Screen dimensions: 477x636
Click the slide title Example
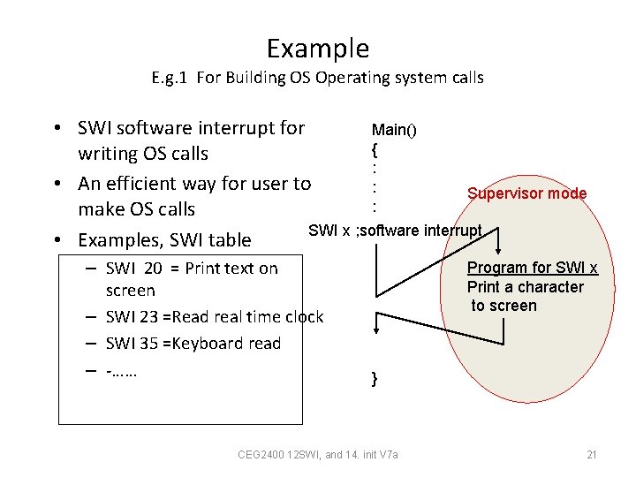[x=317, y=48]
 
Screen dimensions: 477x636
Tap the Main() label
[x=394, y=131]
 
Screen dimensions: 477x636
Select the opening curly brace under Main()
[x=375, y=148]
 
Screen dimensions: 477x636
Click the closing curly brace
[x=375, y=379]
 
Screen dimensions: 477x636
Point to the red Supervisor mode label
[x=526, y=193]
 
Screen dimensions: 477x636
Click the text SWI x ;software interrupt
[x=395, y=231]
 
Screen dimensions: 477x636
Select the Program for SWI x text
[x=532, y=268]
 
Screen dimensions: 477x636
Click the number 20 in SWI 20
[x=153, y=269]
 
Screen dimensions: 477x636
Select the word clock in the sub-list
[x=304, y=317]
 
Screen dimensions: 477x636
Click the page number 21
[x=592, y=455]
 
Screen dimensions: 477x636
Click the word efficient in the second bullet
[x=146, y=184]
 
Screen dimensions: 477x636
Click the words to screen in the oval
[x=503, y=306]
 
